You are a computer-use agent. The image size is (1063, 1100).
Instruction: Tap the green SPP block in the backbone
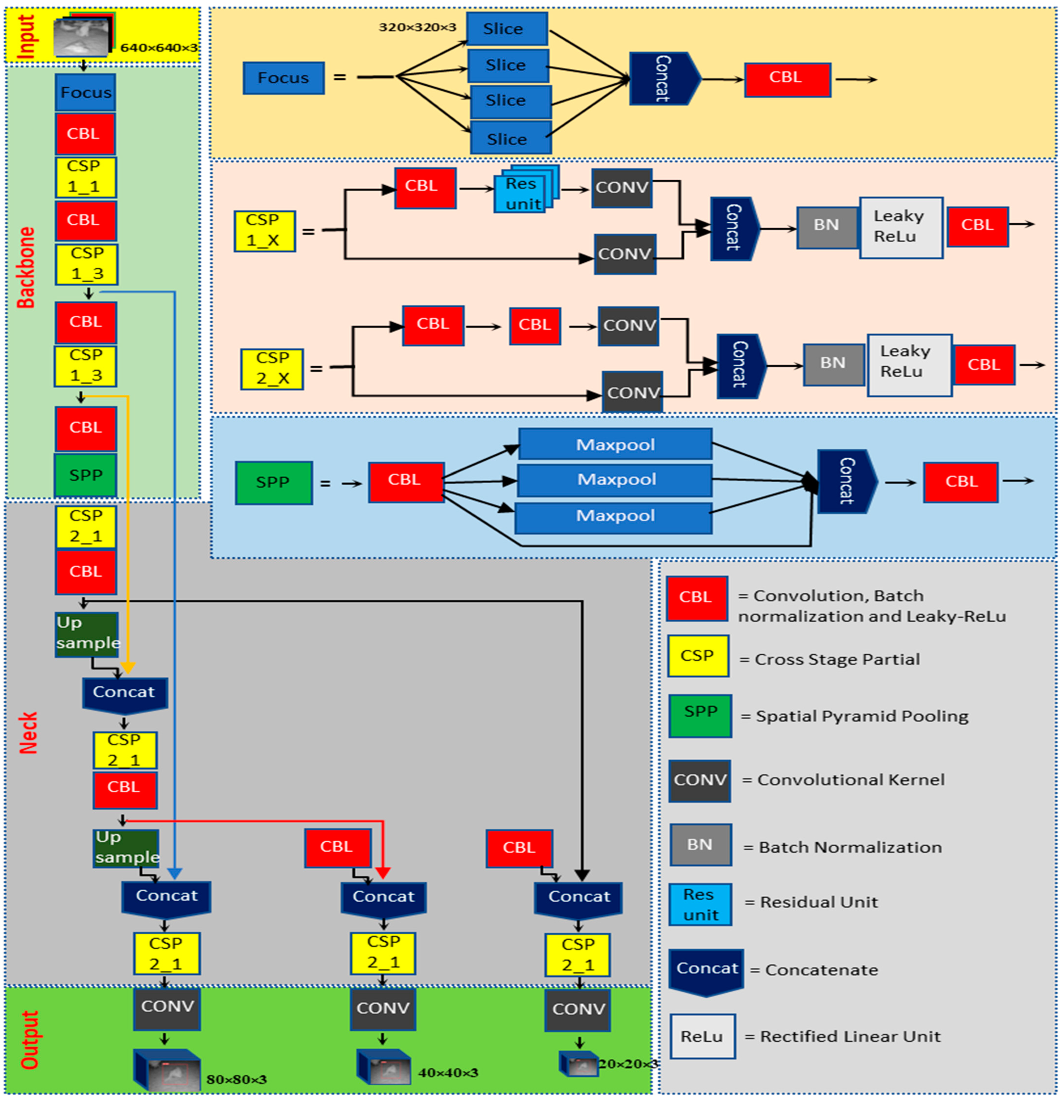(85, 475)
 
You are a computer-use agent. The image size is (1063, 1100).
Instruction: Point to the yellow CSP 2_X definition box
(272, 369)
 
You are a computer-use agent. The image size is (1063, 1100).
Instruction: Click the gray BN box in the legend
(700, 844)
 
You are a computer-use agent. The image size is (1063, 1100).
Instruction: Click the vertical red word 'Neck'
(28, 732)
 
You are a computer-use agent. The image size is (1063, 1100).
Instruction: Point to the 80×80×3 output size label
(236, 1079)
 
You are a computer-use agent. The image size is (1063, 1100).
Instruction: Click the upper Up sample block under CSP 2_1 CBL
(87, 634)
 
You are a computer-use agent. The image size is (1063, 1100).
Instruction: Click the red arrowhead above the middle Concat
(383, 873)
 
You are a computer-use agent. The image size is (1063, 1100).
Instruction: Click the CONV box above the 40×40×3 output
(383, 1008)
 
